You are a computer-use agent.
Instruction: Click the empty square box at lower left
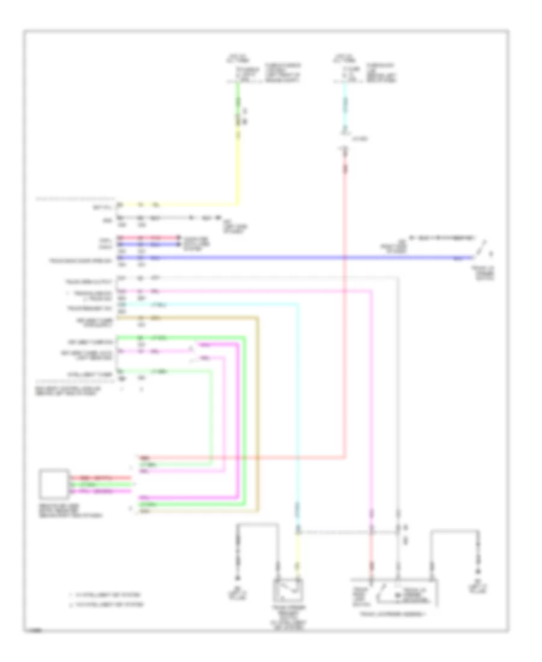(52, 484)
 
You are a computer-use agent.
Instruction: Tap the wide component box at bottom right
(394, 595)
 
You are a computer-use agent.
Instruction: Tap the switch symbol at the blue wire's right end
(484, 249)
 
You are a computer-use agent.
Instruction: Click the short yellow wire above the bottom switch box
(297, 551)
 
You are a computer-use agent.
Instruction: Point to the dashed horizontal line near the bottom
(349, 533)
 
